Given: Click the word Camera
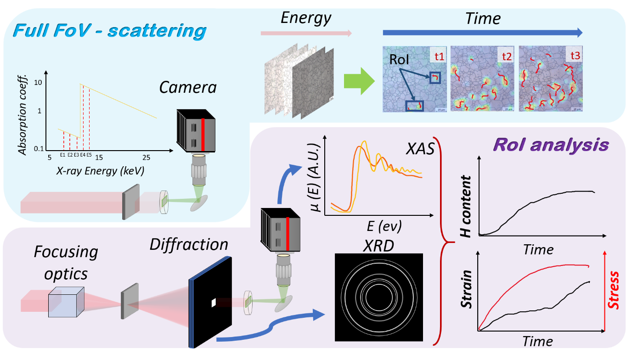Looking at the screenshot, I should click(188, 87).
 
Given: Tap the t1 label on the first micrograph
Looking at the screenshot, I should click(439, 56).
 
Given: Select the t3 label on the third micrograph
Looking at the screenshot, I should click(575, 56).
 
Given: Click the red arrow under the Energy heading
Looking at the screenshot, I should click(306, 33).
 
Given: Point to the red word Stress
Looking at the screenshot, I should click(613, 289).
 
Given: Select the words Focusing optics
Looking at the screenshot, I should click(66, 262).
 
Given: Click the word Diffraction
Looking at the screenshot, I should click(189, 244).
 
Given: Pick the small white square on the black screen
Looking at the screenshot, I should click(213, 303).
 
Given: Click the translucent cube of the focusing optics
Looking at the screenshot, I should click(66, 302).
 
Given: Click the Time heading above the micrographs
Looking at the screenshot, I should click(482, 19).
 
